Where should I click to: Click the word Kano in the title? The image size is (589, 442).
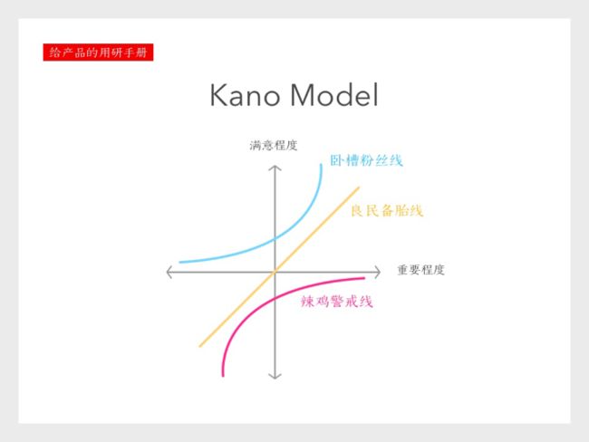[x=245, y=95]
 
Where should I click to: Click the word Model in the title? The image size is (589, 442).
[x=334, y=94]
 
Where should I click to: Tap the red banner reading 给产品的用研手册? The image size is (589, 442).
[x=98, y=52]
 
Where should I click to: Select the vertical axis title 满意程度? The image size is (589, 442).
[x=274, y=145]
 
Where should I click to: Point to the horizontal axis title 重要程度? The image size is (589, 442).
[x=420, y=270]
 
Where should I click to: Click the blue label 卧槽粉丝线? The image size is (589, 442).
[x=366, y=160]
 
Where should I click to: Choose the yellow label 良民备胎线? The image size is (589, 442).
[x=387, y=211]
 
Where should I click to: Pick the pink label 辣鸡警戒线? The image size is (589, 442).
[x=336, y=302]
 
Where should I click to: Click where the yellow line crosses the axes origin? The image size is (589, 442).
[x=275, y=272]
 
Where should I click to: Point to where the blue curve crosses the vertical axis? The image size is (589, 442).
[x=275, y=238]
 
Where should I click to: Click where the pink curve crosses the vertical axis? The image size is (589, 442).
[x=275, y=299]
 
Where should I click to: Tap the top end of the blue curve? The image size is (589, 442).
[x=321, y=165]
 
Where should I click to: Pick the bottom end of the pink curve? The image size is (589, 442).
[x=223, y=375]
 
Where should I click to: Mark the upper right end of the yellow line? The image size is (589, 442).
[x=359, y=187]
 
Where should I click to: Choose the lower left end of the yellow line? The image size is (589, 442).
[x=200, y=346]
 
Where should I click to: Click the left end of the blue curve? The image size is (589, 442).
[x=180, y=262]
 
